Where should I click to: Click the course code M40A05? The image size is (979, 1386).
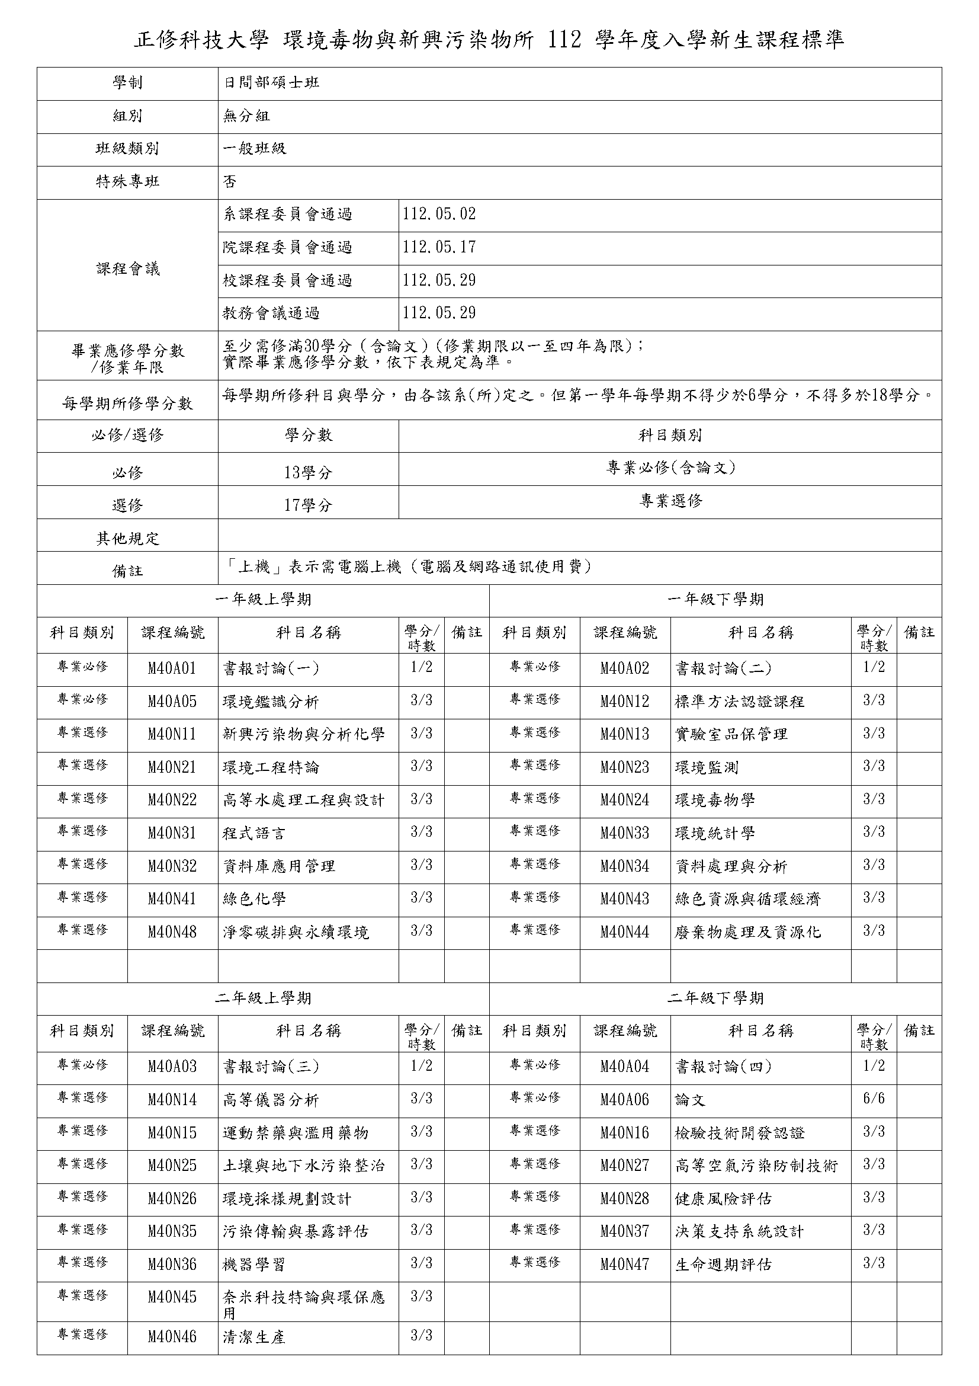tap(172, 702)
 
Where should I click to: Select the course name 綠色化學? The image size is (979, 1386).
tap(254, 899)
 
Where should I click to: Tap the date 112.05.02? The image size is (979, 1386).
tap(439, 215)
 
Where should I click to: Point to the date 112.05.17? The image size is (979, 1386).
tap(439, 248)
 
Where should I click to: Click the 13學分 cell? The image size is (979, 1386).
tap(307, 473)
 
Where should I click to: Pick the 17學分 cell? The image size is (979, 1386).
tap(307, 505)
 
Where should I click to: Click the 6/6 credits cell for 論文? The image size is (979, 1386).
tap(874, 1099)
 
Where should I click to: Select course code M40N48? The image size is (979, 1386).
tap(172, 932)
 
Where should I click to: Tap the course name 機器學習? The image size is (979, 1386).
tap(254, 1264)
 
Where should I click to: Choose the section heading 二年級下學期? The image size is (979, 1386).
tap(715, 998)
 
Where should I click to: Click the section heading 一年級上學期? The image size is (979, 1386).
tap(263, 600)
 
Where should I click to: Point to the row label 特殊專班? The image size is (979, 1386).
tap(127, 182)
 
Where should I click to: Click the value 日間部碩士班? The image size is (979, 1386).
tap(271, 83)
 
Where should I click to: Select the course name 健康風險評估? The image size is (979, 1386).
tap(723, 1198)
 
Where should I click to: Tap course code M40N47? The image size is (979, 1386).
tap(624, 1264)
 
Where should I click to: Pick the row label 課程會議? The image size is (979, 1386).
tap(127, 269)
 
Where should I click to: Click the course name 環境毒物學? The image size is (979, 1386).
tap(715, 801)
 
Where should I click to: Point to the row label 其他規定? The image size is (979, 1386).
tap(127, 539)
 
